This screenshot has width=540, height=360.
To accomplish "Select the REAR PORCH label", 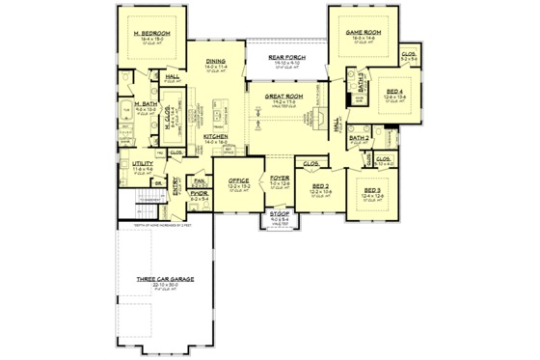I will click(x=286, y=56).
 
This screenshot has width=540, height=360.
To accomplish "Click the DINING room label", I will click(x=217, y=62).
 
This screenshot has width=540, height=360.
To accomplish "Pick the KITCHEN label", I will click(x=216, y=137).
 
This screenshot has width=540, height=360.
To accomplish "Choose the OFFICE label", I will click(x=238, y=180).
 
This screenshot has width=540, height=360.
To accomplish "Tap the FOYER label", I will click(x=280, y=180).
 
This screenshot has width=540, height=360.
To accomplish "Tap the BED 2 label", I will click(x=320, y=185).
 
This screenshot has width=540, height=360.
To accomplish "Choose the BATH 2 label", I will click(x=360, y=138).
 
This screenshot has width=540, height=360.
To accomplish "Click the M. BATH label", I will click(x=146, y=103).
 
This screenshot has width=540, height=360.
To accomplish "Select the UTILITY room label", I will click(x=143, y=165).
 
